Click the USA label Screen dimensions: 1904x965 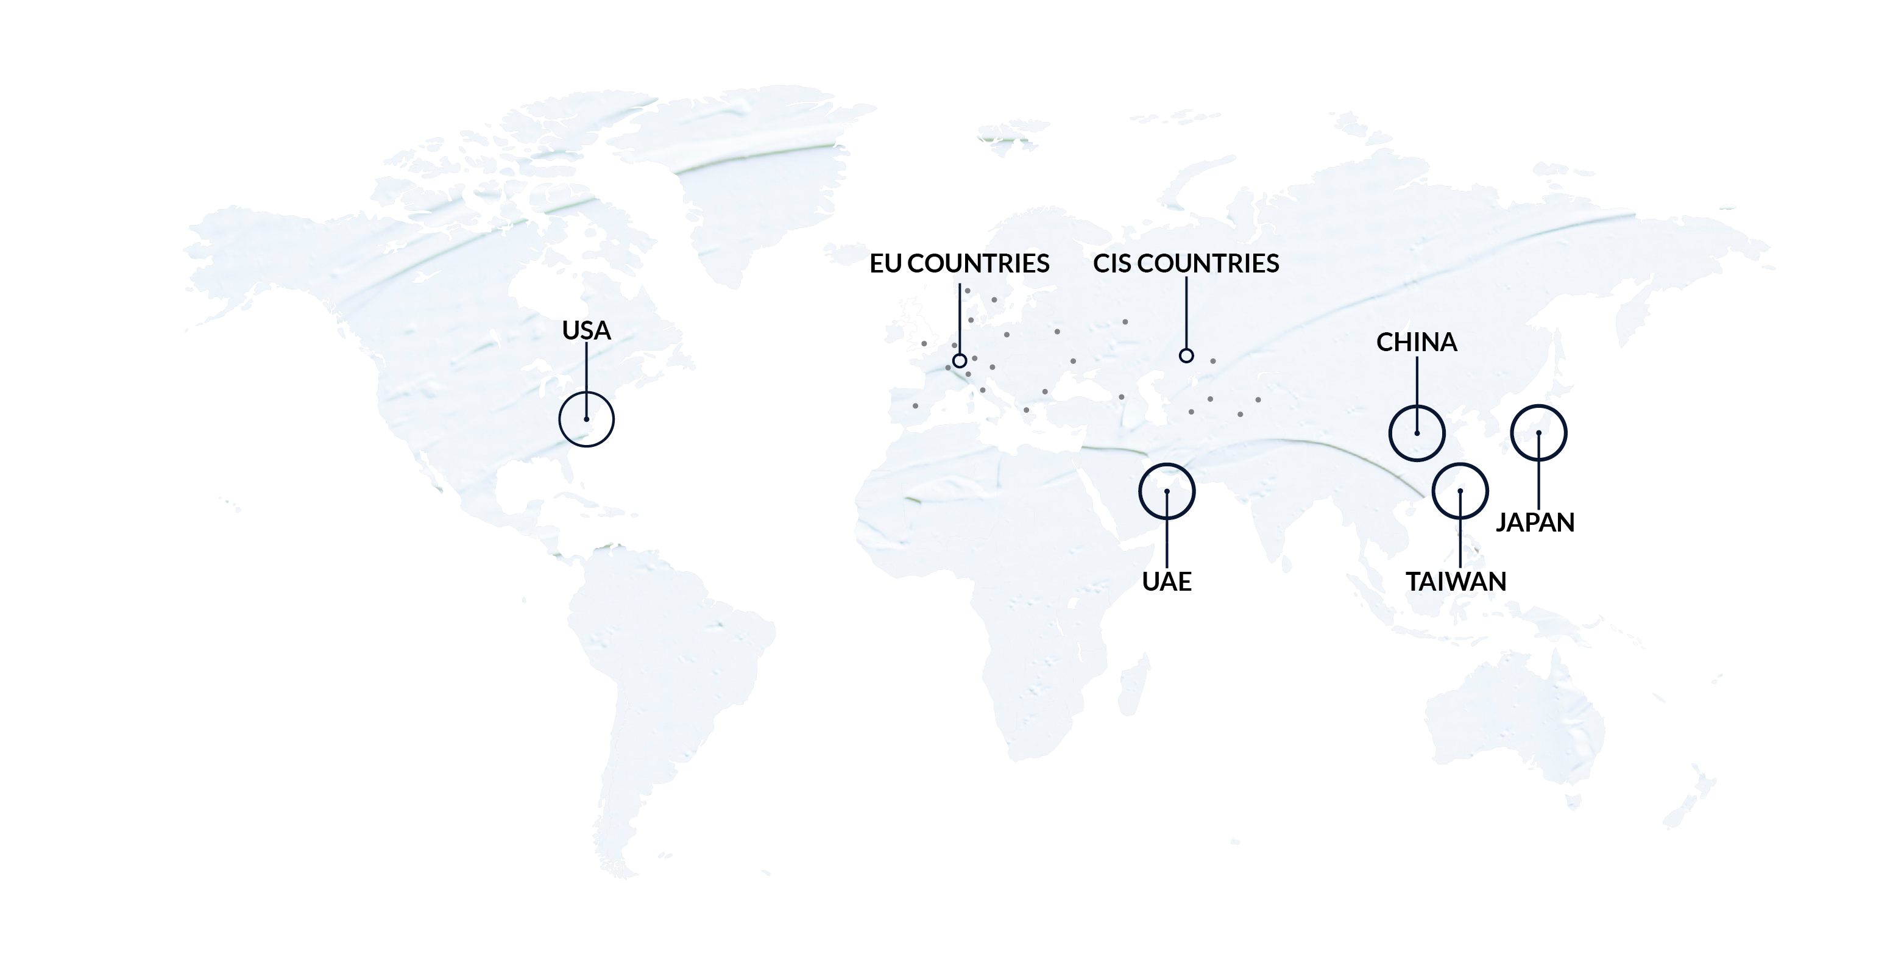[x=586, y=330]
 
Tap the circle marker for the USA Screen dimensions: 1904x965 [x=586, y=419]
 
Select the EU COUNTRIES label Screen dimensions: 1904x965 [x=958, y=263]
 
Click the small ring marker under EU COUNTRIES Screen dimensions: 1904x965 [x=960, y=361]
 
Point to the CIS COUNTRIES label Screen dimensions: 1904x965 [x=1186, y=263]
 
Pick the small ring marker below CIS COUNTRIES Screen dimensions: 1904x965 [x=1186, y=355]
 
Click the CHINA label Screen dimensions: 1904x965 [x=1416, y=341]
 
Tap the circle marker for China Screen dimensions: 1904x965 [x=1417, y=433]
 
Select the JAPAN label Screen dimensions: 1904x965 [x=1535, y=522]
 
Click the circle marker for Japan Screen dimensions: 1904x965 [x=1539, y=433]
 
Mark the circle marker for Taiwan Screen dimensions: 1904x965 [x=1460, y=491]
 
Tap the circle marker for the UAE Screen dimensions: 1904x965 [x=1166, y=491]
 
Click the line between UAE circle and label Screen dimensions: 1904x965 [x=1166, y=540]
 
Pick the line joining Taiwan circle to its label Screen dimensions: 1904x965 [x=1460, y=540]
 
